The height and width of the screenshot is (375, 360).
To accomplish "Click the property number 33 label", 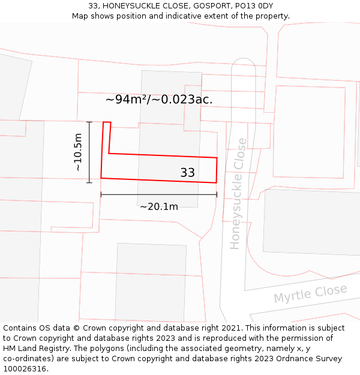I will [x=187, y=173].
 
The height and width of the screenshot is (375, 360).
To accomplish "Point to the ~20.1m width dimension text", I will [x=159, y=207].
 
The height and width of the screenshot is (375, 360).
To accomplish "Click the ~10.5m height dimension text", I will [x=78, y=152].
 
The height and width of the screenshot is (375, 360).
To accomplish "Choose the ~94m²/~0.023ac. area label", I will [x=159, y=100].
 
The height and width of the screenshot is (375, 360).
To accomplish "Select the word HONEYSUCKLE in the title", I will [x=131, y=5].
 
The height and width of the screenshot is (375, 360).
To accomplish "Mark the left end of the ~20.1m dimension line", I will [x=101, y=194].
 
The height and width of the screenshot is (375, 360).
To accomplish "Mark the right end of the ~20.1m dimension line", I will [x=217, y=194].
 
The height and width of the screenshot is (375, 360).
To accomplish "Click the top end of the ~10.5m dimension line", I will [x=89, y=122].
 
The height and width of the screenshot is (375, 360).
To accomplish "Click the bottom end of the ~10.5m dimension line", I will [x=89, y=182].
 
